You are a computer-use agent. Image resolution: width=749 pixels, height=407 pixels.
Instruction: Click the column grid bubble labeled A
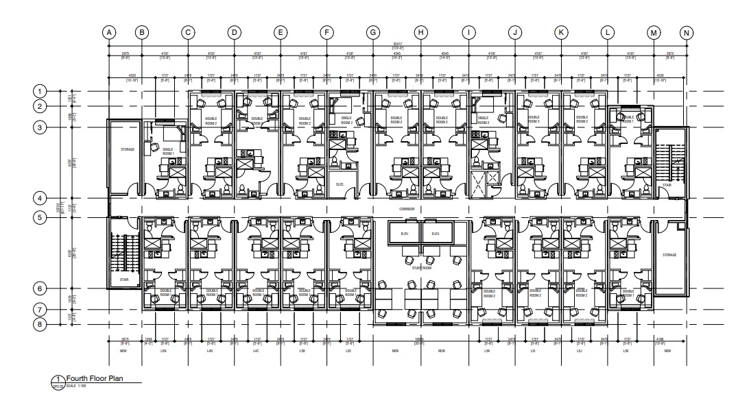[x=108, y=32]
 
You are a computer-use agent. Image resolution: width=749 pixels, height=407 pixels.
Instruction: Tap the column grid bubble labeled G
[x=373, y=32]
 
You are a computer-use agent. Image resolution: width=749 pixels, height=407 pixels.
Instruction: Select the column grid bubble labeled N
[x=687, y=32]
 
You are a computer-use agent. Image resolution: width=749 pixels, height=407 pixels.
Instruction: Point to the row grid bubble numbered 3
[x=40, y=127]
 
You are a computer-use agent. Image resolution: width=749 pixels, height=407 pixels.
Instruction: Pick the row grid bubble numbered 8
[x=40, y=324]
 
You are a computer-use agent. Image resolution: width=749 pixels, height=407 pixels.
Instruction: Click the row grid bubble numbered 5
[x=40, y=218]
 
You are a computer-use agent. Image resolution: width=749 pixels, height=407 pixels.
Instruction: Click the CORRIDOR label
[x=407, y=208]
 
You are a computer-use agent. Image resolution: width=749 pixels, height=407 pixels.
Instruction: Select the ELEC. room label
[x=340, y=184]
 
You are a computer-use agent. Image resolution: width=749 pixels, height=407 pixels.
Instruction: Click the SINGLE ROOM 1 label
[x=168, y=151]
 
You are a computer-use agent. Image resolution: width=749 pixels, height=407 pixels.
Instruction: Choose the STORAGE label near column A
[x=128, y=149]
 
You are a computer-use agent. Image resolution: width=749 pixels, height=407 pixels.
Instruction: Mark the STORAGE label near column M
[x=669, y=255]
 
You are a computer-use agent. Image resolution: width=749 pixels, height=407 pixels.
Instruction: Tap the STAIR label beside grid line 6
[x=124, y=280]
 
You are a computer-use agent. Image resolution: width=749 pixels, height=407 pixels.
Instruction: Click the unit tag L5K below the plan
[x=488, y=351]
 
